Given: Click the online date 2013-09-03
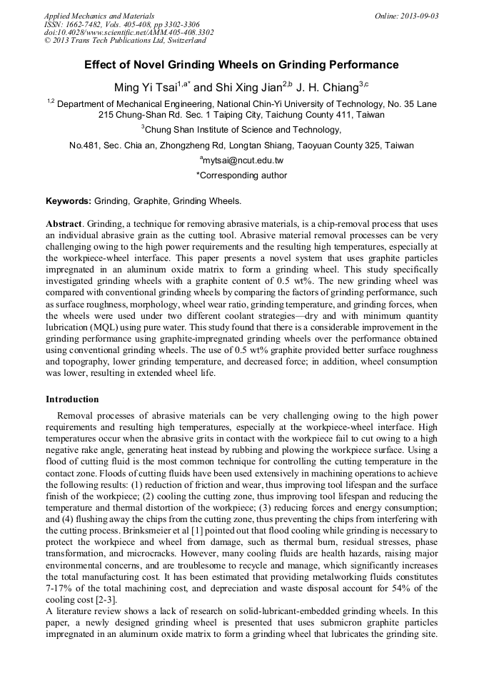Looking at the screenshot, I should click(x=416, y=16).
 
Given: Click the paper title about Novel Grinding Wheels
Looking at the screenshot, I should click(x=241, y=65).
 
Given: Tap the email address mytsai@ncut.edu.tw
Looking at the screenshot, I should click(x=243, y=161).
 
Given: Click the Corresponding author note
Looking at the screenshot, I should click(x=241, y=175).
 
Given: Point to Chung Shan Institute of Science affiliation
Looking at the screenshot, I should click(x=241, y=130).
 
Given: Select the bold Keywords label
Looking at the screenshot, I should click(x=69, y=200).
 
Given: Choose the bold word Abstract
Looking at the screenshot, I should click(x=64, y=223).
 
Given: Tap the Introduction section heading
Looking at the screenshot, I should click(x=72, y=399).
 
